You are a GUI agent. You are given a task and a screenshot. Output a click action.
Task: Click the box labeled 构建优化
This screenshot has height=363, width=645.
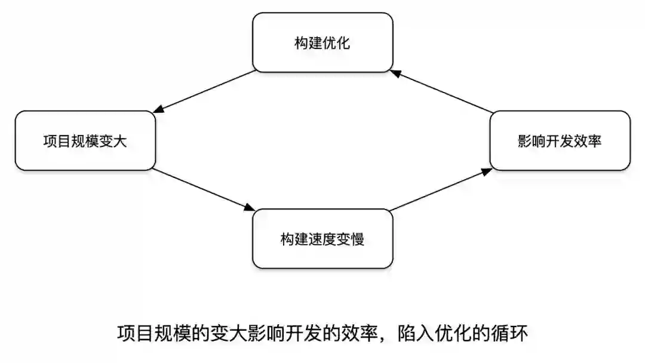click(x=322, y=42)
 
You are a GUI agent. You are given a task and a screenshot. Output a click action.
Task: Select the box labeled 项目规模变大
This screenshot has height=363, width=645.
click(x=85, y=141)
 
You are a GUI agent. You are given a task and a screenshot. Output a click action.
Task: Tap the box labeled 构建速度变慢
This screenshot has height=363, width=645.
click(x=322, y=239)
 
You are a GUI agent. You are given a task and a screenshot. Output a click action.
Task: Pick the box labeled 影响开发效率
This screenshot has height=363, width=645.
click(x=560, y=141)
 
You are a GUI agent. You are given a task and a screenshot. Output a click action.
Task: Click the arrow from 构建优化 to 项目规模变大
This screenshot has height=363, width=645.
click(x=206, y=91)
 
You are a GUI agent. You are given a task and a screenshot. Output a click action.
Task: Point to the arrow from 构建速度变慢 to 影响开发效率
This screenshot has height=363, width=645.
click(x=441, y=189)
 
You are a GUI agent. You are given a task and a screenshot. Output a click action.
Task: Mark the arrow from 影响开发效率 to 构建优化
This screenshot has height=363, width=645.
click(x=442, y=91)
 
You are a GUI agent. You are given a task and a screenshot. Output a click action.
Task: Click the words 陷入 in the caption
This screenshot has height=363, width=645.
click(x=411, y=334)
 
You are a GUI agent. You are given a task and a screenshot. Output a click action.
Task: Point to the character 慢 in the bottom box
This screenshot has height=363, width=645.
click(x=357, y=239)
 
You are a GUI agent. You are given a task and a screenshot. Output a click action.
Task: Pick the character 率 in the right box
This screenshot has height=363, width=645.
click(x=594, y=141)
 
